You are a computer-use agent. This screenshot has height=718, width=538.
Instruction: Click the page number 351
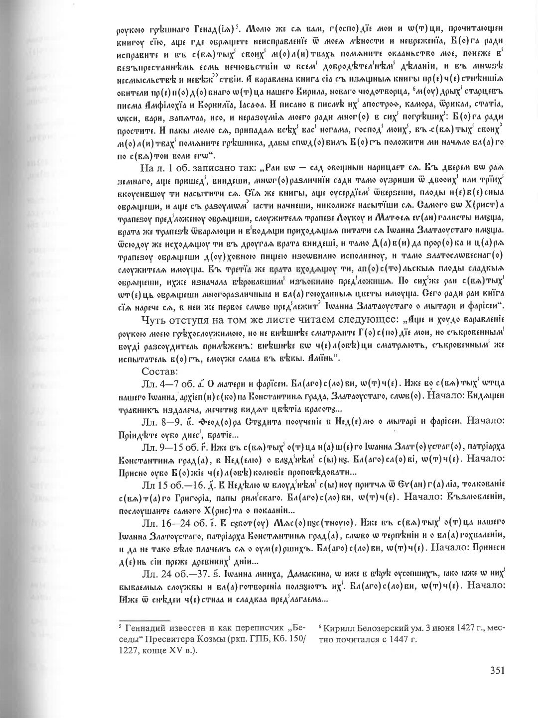coord(496,670)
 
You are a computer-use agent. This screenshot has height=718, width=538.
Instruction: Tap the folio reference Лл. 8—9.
coord(157,421)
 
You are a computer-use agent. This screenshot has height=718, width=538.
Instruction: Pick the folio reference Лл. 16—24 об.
coord(168,522)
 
